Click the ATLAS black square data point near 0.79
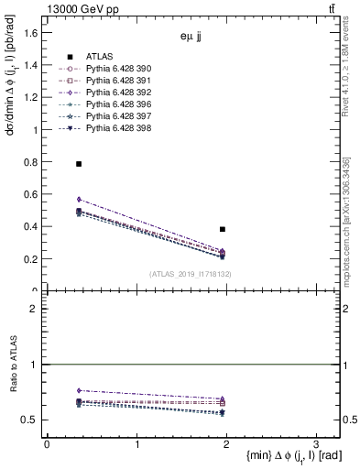tap(79, 164)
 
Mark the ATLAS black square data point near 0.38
tap(223, 229)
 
